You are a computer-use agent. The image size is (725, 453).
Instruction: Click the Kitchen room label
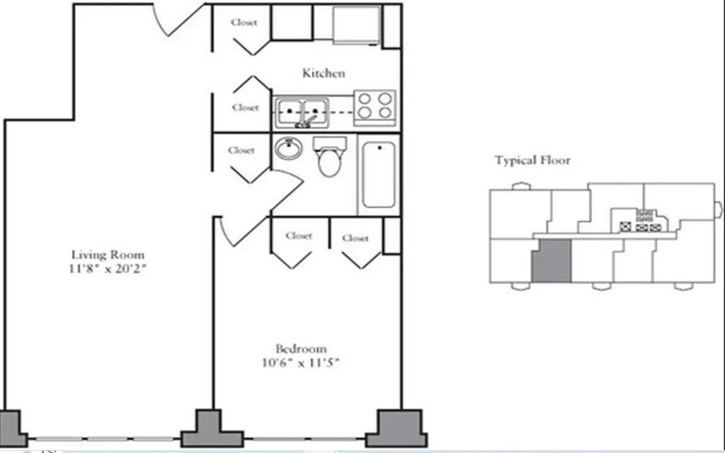pyautogui.click(x=323, y=73)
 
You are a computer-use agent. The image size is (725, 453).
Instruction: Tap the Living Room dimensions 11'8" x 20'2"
pyautogui.click(x=108, y=268)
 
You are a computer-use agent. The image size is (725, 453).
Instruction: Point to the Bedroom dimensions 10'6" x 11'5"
pyautogui.click(x=300, y=362)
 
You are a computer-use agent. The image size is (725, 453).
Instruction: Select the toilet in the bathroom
pyautogui.click(x=330, y=156)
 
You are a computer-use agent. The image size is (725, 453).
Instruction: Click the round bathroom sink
pyautogui.click(x=289, y=148)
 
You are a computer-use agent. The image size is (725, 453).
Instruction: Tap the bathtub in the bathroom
pyautogui.click(x=379, y=175)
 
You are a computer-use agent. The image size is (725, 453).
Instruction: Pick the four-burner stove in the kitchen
pyautogui.click(x=375, y=108)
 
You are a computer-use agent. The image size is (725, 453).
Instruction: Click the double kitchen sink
pyautogui.click(x=302, y=113)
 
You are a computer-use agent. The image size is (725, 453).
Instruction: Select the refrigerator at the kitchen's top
pyautogui.click(x=357, y=25)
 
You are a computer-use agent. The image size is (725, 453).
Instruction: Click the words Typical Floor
pyautogui.click(x=532, y=161)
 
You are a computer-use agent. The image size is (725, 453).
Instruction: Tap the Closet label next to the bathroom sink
pyautogui.click(x=241, y=150)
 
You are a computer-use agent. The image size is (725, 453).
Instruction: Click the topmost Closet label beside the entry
pyautogui.click(x=244, y=22)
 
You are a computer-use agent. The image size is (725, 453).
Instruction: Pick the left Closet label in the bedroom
pyautogui.click(x=299, y=236)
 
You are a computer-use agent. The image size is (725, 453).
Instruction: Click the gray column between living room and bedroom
pyautogui.click(x=211, y=428)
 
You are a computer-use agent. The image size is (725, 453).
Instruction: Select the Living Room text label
pyautogui.click(x=108, y=255)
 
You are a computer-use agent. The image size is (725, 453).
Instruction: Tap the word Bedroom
pyautogui.click(x=301, y=348)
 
